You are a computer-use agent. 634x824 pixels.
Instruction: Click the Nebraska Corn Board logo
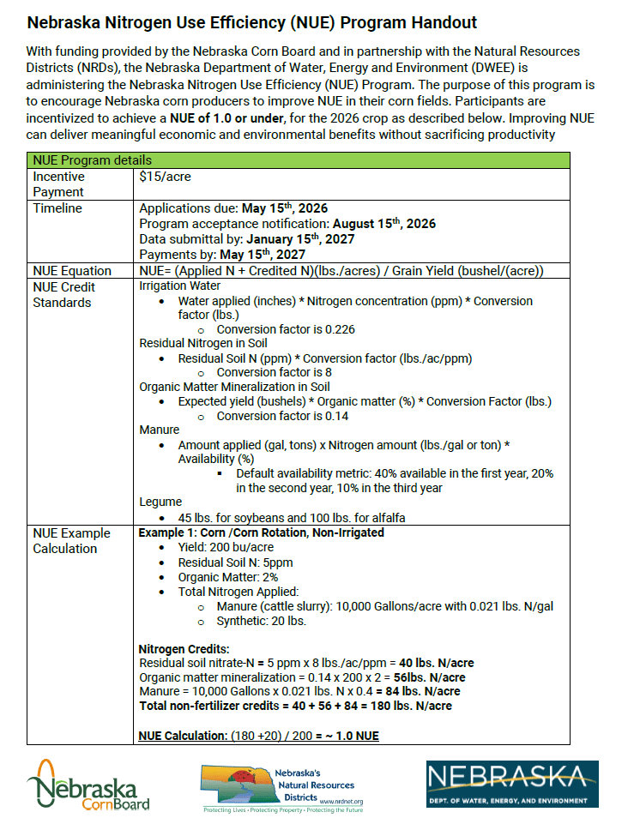click(x=88, y=785)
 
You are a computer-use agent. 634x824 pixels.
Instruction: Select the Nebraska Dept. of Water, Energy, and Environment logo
click(x=512, y=783)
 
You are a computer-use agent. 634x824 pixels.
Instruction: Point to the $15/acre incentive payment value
click(x=165, y=177)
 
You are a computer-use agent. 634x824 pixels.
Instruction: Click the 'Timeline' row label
click(x=57, y=208)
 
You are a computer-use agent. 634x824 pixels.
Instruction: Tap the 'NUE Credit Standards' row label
click(x=64, y=294)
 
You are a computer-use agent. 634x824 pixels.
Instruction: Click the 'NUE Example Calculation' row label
click(x=65, y=540)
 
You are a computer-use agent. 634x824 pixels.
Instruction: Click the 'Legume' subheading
click(x=160, y=502)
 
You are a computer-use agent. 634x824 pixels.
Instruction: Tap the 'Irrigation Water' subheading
click(x=179, y=286)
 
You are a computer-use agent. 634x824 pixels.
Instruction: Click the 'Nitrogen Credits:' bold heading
click(x=181, y=649)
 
